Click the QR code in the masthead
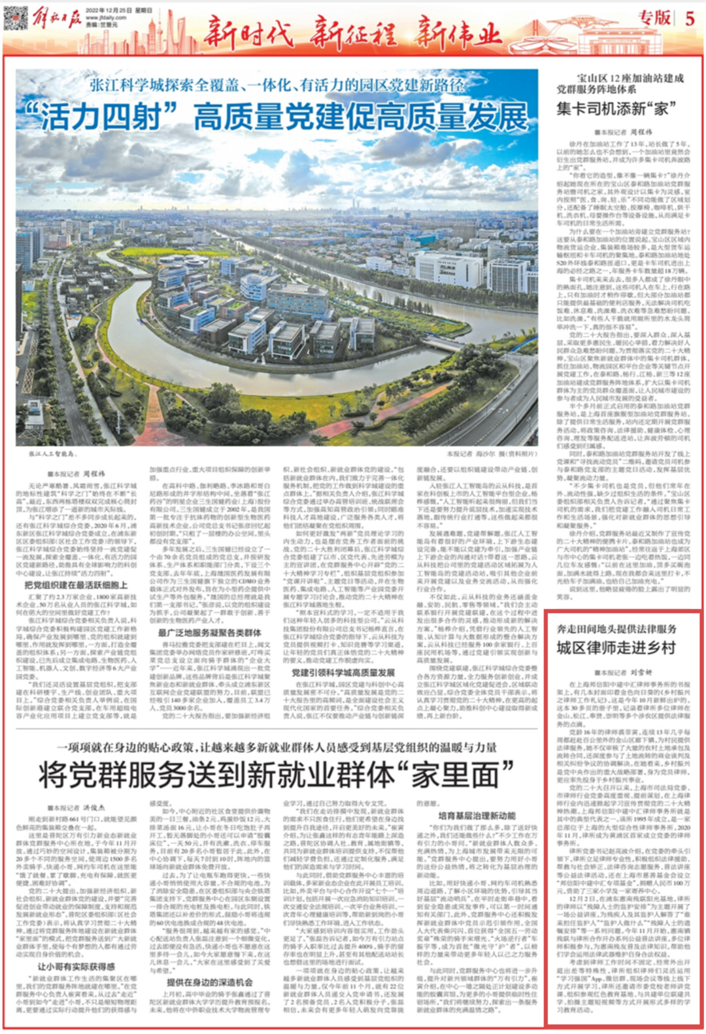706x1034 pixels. [x=16, y=17]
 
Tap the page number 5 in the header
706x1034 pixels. [x=690, y=18]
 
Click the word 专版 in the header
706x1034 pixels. [x=654, y=18]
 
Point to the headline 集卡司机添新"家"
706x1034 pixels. [x=616, y=108]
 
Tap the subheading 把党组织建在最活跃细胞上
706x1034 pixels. [x=76, y=585]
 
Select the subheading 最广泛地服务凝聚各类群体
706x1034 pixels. [x=209, y=632]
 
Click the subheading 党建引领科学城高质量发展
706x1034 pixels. [x=343, y=672]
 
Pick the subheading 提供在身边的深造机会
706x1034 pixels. [x=209, y=982]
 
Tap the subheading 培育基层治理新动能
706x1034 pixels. [x=477, y=816]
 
